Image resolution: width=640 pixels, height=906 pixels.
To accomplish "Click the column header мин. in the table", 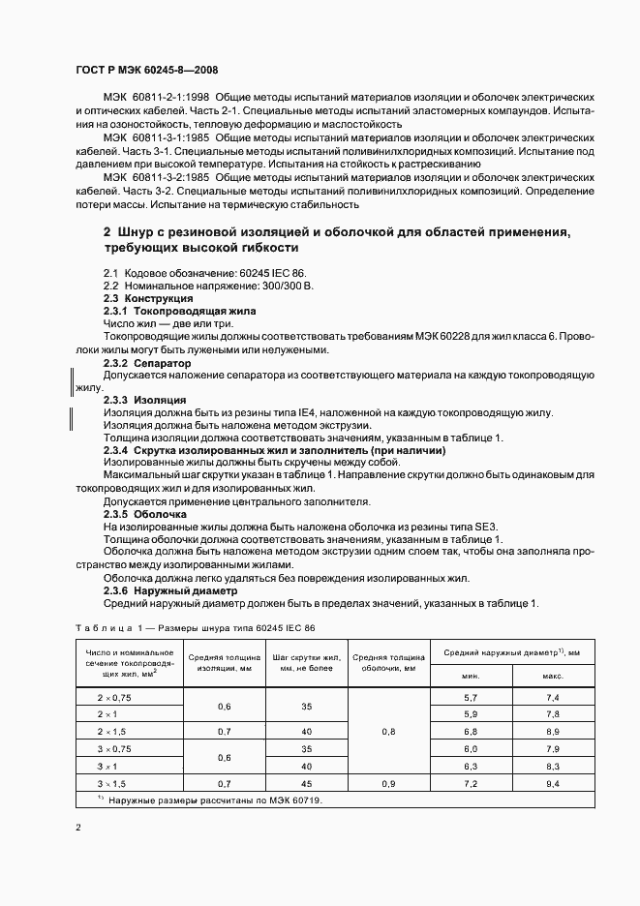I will [x=471, y=676].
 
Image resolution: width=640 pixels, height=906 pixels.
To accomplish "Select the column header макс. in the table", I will [x=553, y=676].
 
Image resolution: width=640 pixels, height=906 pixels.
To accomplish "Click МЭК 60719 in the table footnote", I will [x=296, y=801].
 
